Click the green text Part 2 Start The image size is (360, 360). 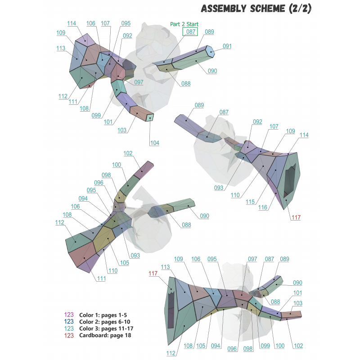coord(184,24)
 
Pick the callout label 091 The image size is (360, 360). coord(227,46)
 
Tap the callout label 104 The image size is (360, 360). coord(154,143)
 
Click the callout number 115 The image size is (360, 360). coord(250,202)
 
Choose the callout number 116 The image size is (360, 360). coord(263,207)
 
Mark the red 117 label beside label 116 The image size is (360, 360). coord(296,217)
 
